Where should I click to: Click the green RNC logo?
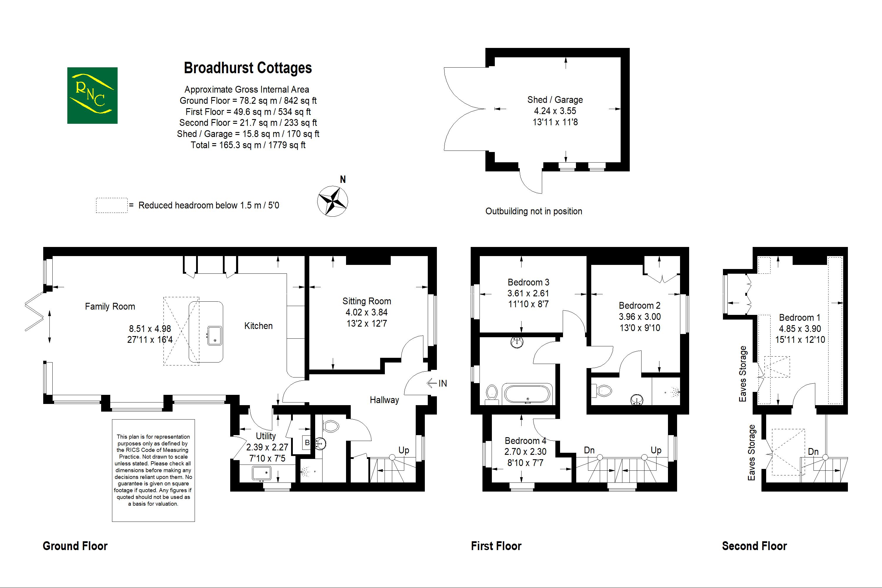[x=92, y=95]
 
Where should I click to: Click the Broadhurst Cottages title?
[x=248, y=68]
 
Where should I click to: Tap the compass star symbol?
[x=332, y=201]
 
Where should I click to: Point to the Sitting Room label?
[x=366, y=301]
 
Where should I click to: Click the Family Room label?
[x=110, y=306]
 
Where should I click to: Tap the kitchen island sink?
[x=215, y=335]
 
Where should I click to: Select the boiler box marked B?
[x=307, y=442]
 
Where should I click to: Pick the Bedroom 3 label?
[x=528, y=282]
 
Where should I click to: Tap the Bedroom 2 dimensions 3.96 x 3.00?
[x=639, y=317]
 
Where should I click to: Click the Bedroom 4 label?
[x=525, y=441]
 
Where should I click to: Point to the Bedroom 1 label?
[x=799, y=318]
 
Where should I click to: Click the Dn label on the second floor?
[x=813, y=452]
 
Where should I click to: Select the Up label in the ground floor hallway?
[x=403, y=450]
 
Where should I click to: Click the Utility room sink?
[x=261, y=473]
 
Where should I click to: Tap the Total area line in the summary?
[x=248, y=145]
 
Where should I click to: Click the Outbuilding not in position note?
[x=534, y=211]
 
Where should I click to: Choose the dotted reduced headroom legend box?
[x=111, y=206]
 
